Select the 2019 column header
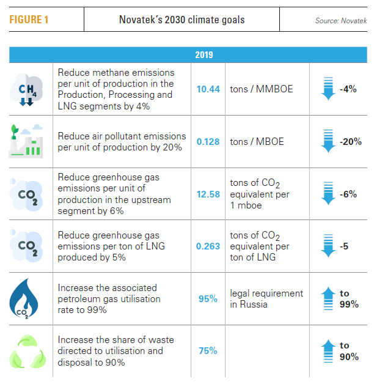point(204,55)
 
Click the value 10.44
point(208,89)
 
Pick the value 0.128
point(208,142)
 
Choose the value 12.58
point(208,194)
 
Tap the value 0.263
point(208,246)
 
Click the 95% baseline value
point(208,299)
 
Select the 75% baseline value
point(208,351)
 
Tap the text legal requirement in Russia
point(266,299)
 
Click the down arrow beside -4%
point(329,89)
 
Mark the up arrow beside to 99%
point(329,299)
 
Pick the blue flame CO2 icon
point(26,299)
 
